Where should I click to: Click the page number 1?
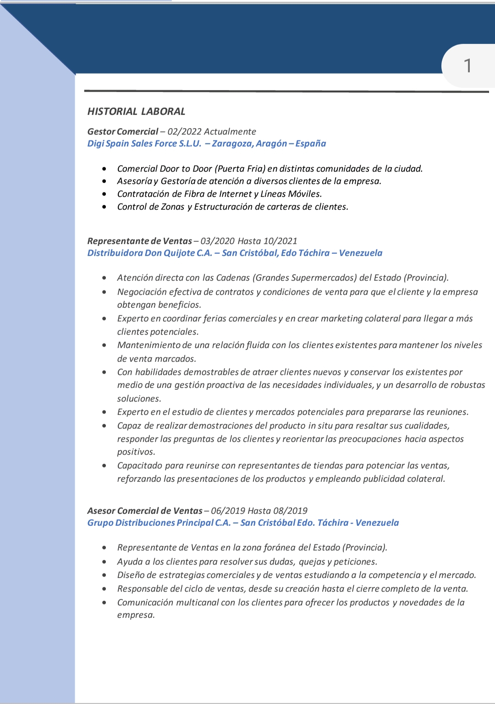(x=467, y=66)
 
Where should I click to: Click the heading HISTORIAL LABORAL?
(x=136, y=111)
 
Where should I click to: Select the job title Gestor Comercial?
(x=122, y=131)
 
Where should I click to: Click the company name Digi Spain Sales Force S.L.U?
(x=144, y=143)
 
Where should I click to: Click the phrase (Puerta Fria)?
(x=241, y=169)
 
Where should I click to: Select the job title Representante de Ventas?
(x=139, y=241)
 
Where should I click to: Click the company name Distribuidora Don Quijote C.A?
(x=149, y=253)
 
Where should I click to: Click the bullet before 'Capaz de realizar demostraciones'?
(x=104, y=426)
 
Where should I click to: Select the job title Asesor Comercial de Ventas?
(x=145, y=511)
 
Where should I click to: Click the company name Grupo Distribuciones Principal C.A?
(x=159, y=523)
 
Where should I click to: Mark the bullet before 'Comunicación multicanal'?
(x=104, y=602)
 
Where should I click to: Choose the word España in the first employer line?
(x=310, y=143)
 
